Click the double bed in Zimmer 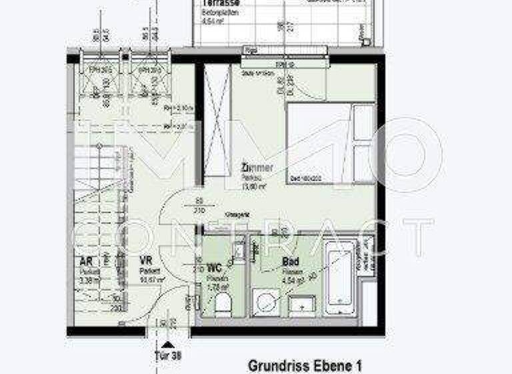330,142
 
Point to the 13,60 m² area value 253,187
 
